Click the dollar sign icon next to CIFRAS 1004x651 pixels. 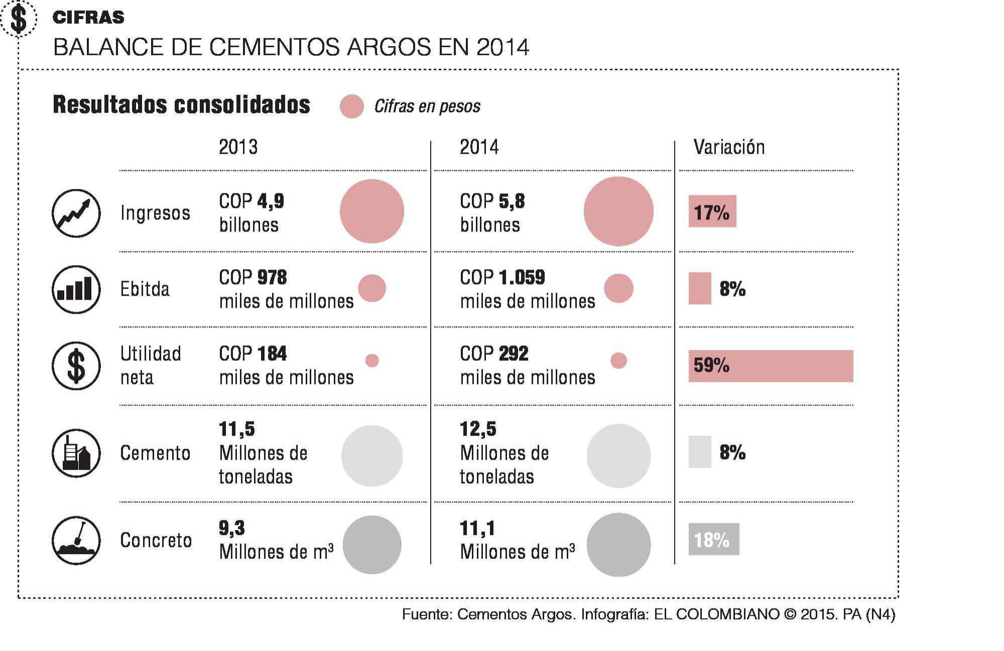point(19,19)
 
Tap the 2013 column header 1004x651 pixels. point(238,147)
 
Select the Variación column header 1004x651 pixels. point(729,147)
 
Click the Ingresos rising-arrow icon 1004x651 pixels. point(76,213)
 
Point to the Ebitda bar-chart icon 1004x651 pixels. point(76,290)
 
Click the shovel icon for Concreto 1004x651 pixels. point(76,541)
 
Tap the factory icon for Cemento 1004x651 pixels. point(76,453)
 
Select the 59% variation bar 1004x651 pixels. point(771,366)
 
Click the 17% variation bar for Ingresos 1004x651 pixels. point(712,211)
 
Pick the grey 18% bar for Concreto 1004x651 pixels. point(713,540)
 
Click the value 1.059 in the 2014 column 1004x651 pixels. point(522,278)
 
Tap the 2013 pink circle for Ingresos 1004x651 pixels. point(372,211)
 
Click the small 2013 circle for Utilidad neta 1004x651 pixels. point(372,360)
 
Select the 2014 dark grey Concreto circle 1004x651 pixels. point(618,545)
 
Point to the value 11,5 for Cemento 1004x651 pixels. point(237,429)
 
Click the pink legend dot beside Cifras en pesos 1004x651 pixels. point(351,106)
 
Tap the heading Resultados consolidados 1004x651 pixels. point(181,105)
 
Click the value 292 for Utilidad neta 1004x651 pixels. point(513,354)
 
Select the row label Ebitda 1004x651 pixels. point(145,289)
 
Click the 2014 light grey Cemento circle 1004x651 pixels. point(618,456)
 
